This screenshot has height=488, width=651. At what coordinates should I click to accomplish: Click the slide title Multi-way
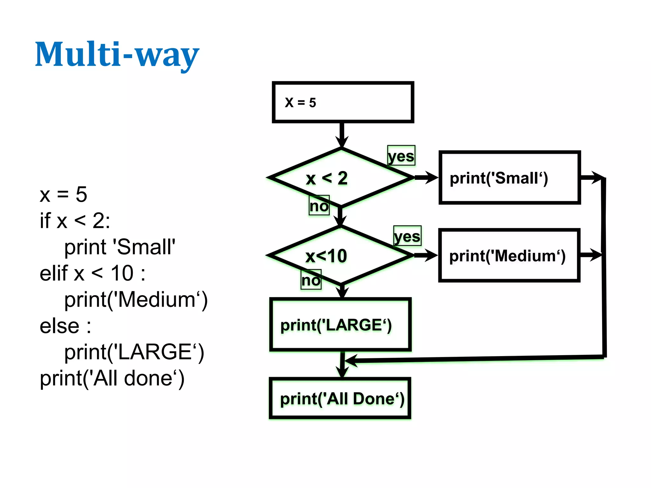pos(117,55)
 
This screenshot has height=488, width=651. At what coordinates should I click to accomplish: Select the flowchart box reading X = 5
pos(343,102)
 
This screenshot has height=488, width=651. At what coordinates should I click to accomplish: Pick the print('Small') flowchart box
pos(510,178)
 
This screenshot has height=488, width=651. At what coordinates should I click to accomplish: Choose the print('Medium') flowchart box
pos(509,255)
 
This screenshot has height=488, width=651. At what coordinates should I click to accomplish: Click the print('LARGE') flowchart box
pos(340,325)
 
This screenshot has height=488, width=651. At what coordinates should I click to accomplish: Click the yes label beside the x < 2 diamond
pos(401,156)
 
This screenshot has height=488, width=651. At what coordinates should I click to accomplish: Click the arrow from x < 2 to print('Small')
pos(426,178)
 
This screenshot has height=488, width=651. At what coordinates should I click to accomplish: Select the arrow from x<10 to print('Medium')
pos(425,255)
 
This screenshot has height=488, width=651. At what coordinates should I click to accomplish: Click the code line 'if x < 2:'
pos(75,220)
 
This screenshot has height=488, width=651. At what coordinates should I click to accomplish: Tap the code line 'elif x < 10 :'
pos(93,273)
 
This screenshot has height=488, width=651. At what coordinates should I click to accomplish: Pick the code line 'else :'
pos(65,326)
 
